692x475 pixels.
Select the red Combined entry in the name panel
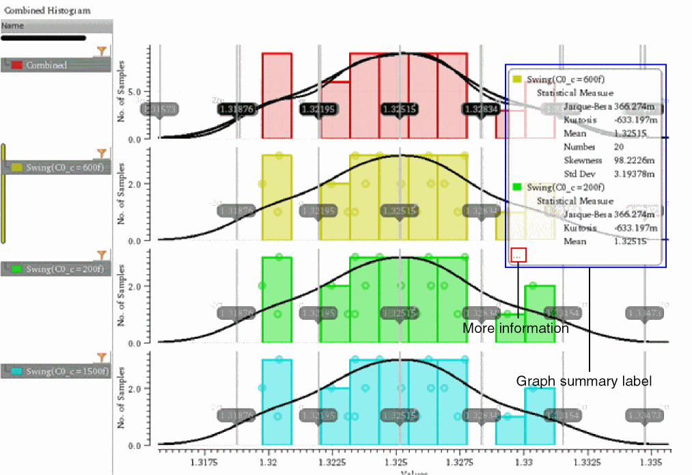coord(46,65)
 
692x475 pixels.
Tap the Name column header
coord(14,26)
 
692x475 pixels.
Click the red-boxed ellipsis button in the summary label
coord(518,255)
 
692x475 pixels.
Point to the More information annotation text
coord(516,329)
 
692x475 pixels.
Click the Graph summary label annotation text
coord(583,381)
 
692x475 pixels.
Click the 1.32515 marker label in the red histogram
coord(400,109)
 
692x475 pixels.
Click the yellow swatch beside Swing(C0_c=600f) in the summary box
coord(518,80)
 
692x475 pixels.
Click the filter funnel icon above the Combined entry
coord(102,51)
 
